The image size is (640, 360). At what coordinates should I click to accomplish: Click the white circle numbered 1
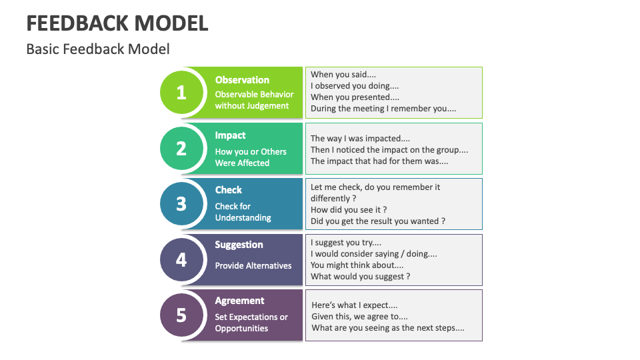point(181,93)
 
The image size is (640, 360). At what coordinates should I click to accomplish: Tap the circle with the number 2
point(181,148)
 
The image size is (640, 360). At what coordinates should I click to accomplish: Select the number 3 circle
point(181,203)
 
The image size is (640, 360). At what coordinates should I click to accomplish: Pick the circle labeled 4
point(181,259)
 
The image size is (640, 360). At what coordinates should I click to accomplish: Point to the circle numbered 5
point(181,314)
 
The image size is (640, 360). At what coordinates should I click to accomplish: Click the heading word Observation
point(242,80)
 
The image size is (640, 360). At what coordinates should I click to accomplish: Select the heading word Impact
point(230,135)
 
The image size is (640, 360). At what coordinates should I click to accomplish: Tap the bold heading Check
point(228,190)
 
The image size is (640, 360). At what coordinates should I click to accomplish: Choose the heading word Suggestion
point(239,245)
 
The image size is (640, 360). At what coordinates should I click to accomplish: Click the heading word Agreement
point(239,301)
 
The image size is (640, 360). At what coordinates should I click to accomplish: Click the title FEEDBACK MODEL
point(117,23)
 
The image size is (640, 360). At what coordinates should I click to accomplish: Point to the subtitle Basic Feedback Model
point(98,49)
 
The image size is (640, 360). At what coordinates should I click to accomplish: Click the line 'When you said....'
point(343,75)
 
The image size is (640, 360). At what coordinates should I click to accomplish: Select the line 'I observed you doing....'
point(355,86)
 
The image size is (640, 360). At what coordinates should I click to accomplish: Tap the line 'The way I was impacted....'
point(360,139)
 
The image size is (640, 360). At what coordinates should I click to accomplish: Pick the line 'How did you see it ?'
point(349,209)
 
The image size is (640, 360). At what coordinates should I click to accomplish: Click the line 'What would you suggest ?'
point(360,276)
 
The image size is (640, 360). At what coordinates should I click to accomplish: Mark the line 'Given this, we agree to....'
point(359,317)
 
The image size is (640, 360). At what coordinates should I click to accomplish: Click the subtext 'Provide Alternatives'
point(253,265)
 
